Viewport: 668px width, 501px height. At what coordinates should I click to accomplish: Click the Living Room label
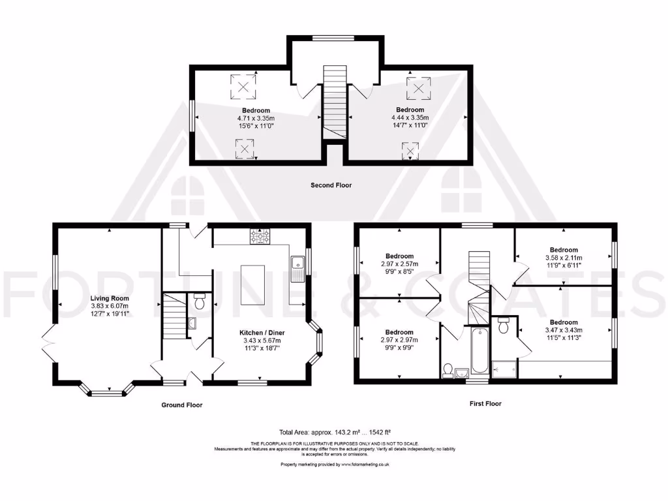(x=110, y=298)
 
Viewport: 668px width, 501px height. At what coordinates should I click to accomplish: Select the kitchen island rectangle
(x=253, y=284)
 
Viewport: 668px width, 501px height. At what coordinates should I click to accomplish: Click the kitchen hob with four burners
(x=260, y=237)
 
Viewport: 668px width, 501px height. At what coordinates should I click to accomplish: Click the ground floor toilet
(x=200, y=302)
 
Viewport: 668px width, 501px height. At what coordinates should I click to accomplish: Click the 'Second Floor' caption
(x=331, y=185)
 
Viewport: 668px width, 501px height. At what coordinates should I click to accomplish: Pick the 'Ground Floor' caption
(x=182, y=405)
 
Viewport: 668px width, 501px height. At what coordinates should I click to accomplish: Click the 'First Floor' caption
(x=485, y=404)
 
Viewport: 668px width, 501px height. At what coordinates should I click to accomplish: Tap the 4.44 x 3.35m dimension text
(x=410, y=117)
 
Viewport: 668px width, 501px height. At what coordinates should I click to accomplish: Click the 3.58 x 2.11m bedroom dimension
(x=563, y=258)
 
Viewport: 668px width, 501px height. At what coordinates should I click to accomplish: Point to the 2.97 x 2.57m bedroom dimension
(x=399, y=264)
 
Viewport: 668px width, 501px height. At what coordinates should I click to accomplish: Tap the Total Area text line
(x=333, y=432)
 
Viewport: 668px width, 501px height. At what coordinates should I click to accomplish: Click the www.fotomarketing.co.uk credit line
(x=335, y=464)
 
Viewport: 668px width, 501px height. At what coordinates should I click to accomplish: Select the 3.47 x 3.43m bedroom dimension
(x=563, y=330)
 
